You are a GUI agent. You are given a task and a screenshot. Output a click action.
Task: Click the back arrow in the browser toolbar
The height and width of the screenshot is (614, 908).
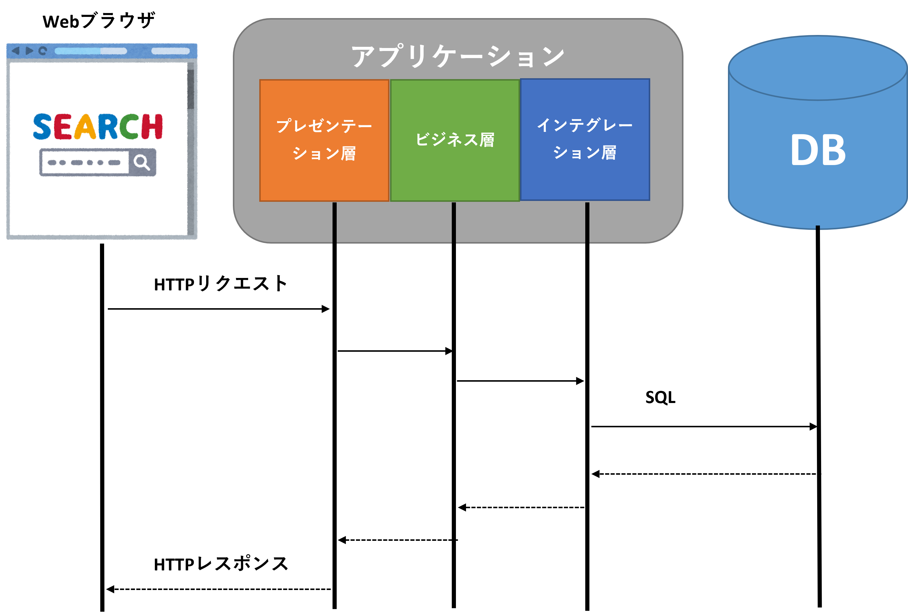click(16, 51)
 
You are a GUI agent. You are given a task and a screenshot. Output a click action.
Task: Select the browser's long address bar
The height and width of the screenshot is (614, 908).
click(91, 51)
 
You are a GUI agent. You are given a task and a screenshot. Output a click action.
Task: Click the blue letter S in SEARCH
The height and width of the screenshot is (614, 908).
click(42, 127)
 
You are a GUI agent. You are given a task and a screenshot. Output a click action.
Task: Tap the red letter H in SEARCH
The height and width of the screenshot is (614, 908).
click(152, 127)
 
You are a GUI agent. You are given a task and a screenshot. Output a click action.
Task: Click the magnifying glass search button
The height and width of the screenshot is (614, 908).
click(142, 162)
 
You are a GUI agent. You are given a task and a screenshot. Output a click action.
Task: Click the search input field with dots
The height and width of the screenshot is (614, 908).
click(84, 162)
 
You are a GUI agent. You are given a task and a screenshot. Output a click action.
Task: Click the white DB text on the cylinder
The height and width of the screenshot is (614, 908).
click(818, 150)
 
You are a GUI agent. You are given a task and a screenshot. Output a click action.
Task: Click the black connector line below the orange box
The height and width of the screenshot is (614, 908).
click(334, 223)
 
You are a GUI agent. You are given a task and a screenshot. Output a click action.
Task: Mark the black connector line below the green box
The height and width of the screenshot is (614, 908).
click(454, 223)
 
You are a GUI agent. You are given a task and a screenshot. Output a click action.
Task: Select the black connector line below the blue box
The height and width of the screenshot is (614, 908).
click(587, 223)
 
